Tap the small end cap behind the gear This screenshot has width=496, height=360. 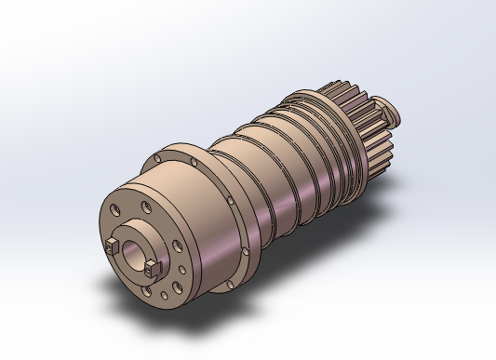coord(388,114)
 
